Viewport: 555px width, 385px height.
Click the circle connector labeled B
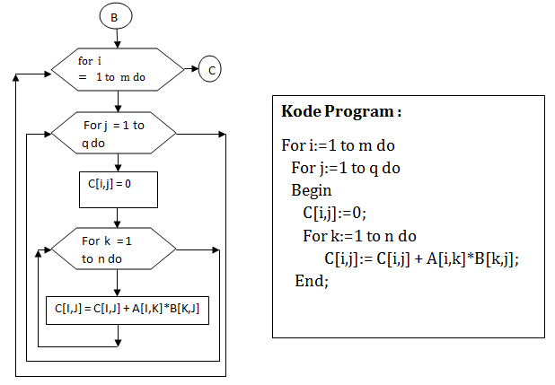coord(115,17)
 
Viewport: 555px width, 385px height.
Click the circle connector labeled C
coord(209,69)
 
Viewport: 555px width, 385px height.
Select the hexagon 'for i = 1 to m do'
coord(115,69)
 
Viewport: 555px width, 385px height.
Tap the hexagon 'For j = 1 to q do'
coord(115,134)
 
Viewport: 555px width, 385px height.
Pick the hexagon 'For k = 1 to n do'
coord(115,249)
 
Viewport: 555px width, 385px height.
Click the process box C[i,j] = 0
coord(119,189)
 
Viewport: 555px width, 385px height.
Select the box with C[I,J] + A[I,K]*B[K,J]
coord(127,310)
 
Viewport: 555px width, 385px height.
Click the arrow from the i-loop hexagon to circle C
coord(187,69)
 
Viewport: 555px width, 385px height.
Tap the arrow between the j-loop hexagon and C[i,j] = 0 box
coord(119,163)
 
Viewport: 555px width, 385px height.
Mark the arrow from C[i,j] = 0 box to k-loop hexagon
coord(119,217)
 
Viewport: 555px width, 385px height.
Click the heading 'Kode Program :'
coord(341,111)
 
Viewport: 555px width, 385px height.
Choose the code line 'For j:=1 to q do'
coord(346,168)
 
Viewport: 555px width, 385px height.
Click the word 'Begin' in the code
coord(311,190)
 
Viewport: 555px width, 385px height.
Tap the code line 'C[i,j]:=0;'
coord(335,214)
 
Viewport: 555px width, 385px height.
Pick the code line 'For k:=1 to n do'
coord(359,236)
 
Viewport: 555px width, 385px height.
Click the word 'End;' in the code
coord(312,281)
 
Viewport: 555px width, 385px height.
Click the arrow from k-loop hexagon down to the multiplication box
coord(119,282)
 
